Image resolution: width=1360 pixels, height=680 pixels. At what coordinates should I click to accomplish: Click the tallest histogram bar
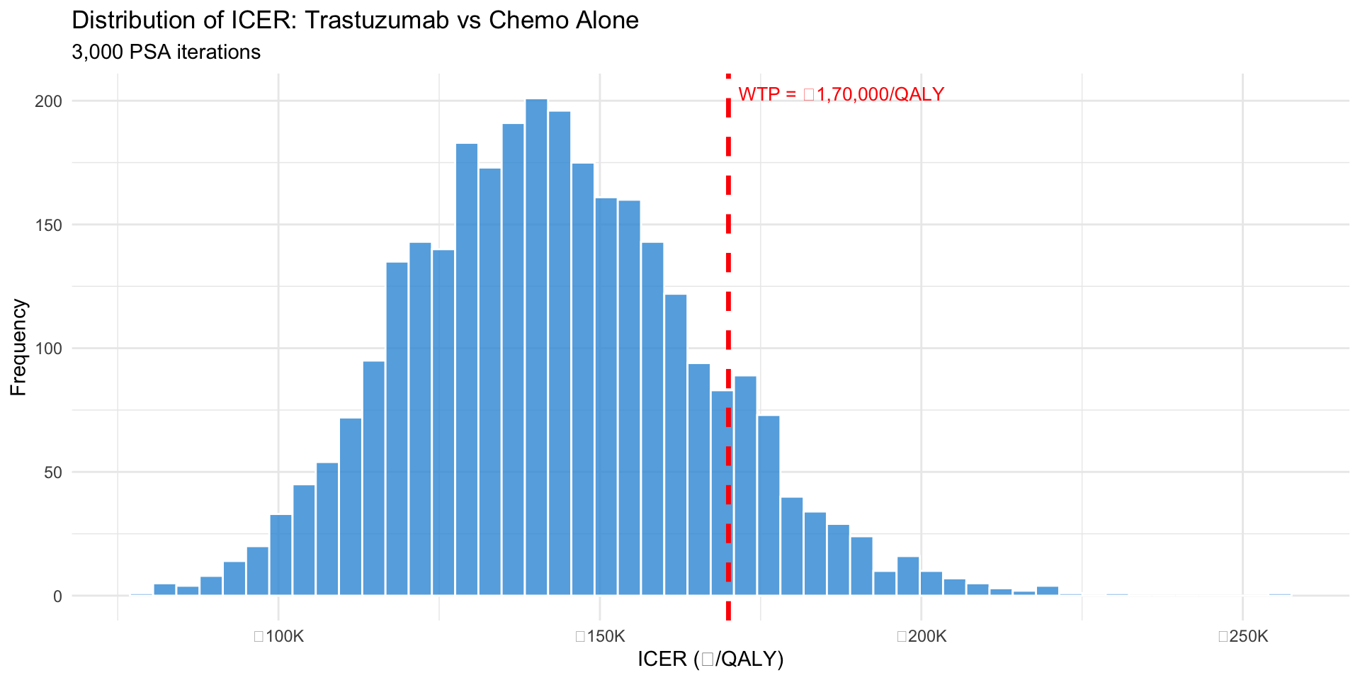(536, 347)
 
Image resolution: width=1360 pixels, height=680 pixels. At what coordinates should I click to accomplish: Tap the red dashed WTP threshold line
(728, 283)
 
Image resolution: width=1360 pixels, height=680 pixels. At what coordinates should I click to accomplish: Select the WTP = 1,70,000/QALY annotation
(841, 94)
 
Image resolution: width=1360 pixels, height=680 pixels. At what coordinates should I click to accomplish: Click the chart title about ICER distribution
(355, 20)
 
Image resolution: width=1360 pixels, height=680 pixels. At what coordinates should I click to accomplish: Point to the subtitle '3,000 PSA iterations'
(166, 52)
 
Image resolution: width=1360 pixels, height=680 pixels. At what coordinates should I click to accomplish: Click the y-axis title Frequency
(18, 347)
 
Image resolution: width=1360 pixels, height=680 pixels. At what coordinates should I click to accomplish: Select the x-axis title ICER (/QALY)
(710, 659)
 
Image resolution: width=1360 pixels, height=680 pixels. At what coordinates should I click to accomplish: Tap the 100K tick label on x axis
(279, 636)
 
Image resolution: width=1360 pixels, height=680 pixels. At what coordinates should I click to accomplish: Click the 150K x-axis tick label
(600, 636)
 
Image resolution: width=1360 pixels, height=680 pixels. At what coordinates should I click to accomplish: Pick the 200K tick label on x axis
(922, 636)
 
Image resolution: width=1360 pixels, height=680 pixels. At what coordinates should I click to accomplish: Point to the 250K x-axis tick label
(1243, 636)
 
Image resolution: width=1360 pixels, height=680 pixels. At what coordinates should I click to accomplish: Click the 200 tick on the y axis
(49, 101)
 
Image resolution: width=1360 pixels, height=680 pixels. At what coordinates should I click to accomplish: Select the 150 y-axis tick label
(49, 225)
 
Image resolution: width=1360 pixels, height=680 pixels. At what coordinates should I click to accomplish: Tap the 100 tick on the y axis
(49, 348)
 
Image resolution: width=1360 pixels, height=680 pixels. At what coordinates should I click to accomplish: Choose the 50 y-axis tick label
(53, 472)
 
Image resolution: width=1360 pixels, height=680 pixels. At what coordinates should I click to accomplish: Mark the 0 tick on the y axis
(57, 596)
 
